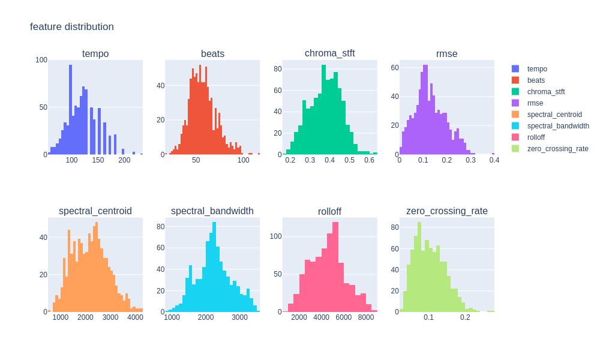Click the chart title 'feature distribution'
(x=72, y=27)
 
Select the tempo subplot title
(x=95, y=54)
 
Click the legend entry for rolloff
(x=536, y=137)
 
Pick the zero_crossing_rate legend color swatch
(x=515, y=149)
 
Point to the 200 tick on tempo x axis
(x=124, y=160)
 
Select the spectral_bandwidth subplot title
(x=212, y=211)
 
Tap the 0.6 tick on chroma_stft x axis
(x=369, y=160)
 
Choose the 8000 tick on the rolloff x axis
(x=366, y=317)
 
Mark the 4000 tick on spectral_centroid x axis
(x=135, y=317)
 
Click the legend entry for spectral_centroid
(x=554, y=115)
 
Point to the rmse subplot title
(x=446, y=54)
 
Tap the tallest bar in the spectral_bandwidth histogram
(x=214, y=267)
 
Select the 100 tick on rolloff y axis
(x=275, y=236)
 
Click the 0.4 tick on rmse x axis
(x=494, y=160)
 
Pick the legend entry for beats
(x=535, y=80)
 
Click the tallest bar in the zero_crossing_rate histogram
(x=419, y=267)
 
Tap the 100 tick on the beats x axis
(x=243, y=160)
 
